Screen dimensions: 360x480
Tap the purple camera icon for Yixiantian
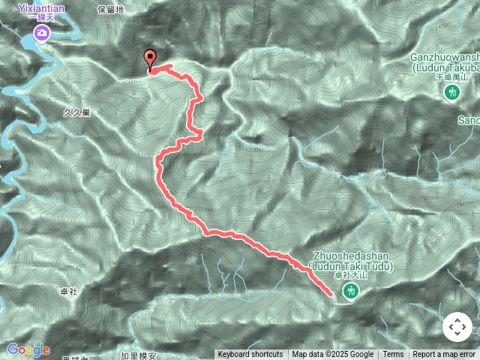pyautogui.click(x=42, y=33)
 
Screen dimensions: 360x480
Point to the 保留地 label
pyautogui.click(x=112, y=10)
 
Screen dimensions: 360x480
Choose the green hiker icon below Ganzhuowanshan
pyautogui.click(x=451, y=91)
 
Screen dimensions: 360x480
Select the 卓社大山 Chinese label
pyautogui.click(x=349, y=276)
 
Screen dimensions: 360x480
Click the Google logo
pyautogui.click(x=28, y=349)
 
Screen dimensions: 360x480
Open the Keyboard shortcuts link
pyautogui.click(x=250, y=355)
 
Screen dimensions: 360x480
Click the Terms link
pyautogui.click(x=393, y=355)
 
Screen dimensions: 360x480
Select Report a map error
pyautogui.click(x=444, y=355)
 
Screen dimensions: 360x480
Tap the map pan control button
pyautogui.click(x=457, y=327)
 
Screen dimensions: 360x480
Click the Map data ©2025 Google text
pyautogui.click(x=332, y=355)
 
